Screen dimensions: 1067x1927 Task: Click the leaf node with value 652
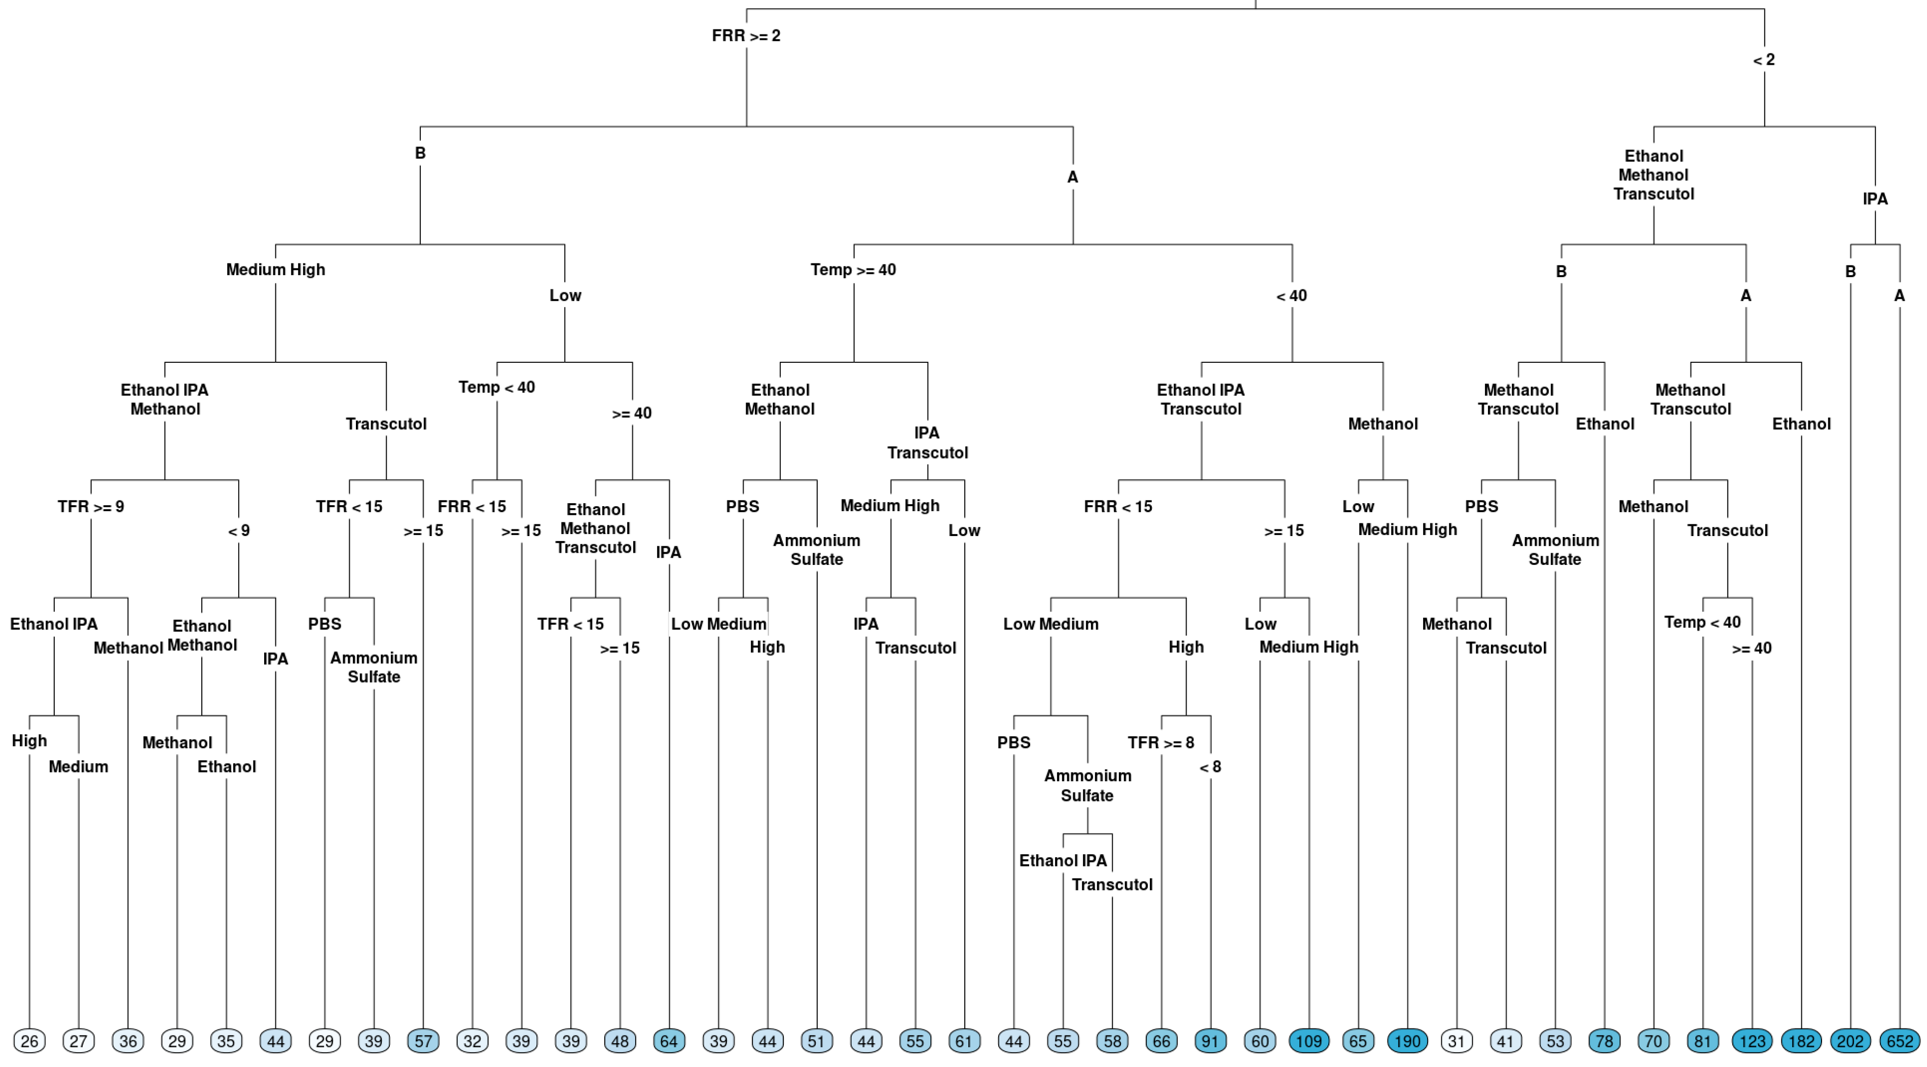1899,1041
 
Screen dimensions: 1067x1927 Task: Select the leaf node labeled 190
1407,1041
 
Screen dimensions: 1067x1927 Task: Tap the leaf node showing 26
29,1041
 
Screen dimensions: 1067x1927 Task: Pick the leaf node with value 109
1308,1041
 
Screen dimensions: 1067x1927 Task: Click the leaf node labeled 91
1210,1041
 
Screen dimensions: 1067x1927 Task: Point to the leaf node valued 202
1850,1041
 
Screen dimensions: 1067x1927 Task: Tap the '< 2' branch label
1764,60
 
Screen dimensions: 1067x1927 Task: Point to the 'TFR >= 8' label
1160,742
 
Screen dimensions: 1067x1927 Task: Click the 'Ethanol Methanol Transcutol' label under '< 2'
1653,175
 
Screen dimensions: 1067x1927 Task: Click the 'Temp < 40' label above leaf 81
1702,622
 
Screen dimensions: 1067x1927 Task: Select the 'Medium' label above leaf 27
79,767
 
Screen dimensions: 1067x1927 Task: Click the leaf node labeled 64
669,1041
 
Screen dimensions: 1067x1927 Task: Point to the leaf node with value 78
1604,1041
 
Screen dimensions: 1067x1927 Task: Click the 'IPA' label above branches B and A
1875,199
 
